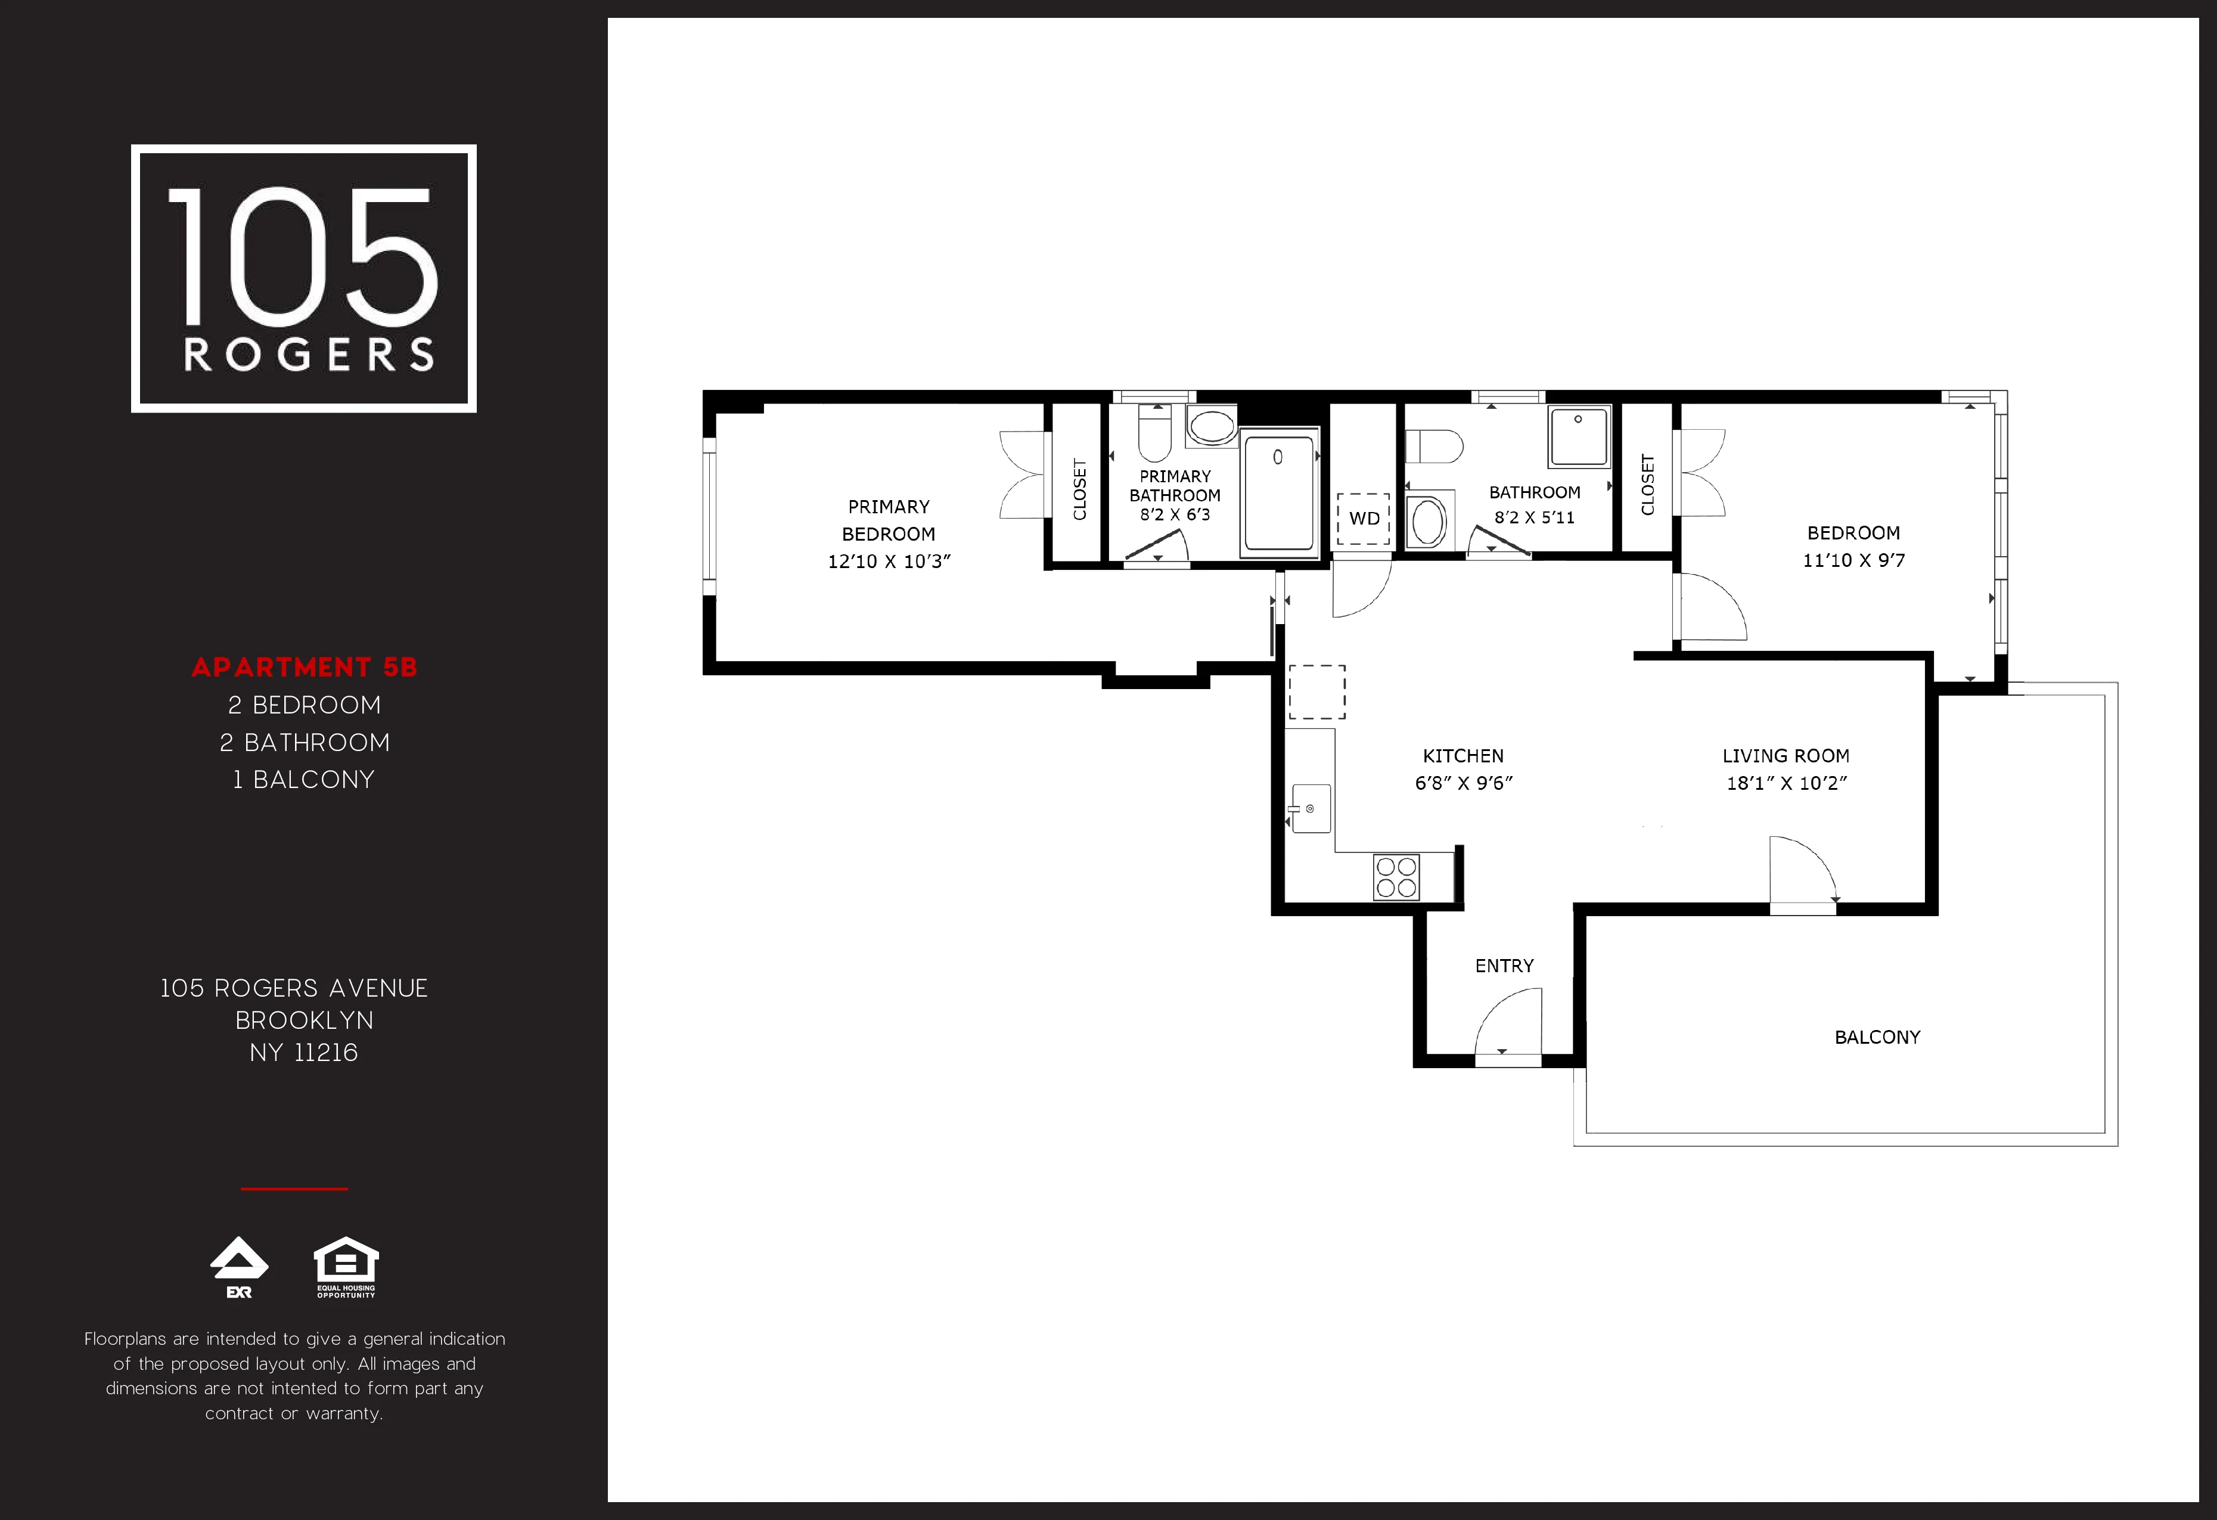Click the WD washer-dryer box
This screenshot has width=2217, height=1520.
[1363, 518]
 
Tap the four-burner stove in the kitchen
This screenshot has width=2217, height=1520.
[1396, 877]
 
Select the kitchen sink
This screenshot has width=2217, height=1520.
[1311, 808]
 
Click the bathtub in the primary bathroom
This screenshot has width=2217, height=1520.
[1280, 492]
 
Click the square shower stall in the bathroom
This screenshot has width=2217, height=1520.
[1579, 436]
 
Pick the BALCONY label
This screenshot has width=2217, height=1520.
[1877, 1037]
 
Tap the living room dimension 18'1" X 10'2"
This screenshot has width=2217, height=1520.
[1786, 783]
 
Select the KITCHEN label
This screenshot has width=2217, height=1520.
[1463, 756]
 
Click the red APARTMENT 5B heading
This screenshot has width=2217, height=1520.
[305, 667]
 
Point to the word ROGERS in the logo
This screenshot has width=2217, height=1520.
[308, 355]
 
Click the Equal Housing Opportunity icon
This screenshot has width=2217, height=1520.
[346, 1266]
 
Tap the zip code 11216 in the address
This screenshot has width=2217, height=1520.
[325, 1053]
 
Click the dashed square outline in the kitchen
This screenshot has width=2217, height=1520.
[1316, 692]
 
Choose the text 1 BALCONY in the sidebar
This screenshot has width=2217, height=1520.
[303, 780]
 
